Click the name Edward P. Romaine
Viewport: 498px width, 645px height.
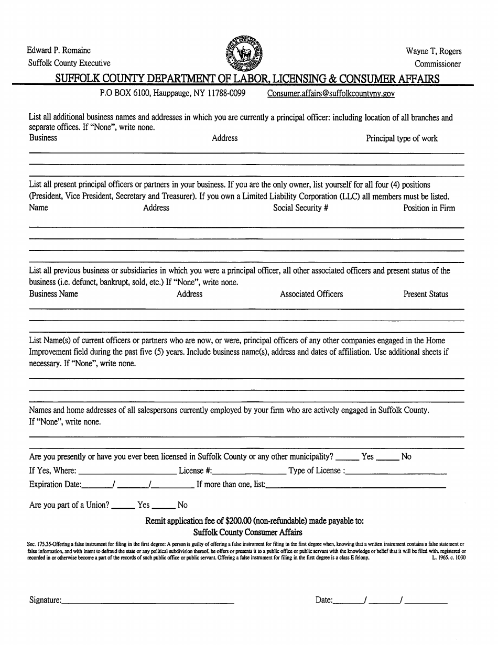click(x=59, y=50)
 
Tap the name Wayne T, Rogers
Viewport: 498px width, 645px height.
click(x=434, y=51)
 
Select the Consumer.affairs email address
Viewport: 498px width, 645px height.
click(x=331, y=93)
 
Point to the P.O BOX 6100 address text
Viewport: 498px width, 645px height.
click(x=172, y=93)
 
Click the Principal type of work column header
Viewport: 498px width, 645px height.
click(x=402, y=138)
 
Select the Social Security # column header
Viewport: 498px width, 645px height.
click(x=300, y=208)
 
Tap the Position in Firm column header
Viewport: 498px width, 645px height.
click(x=429, y=208)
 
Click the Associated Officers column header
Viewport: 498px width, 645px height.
click(x=311, y=294)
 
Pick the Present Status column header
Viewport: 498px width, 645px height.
click(x=426, y=294)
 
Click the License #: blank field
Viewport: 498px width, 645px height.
click(x=249, y=471)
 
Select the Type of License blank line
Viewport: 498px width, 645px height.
click(x=396, y=471)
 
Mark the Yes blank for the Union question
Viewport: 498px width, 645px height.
click(x=123, y=506)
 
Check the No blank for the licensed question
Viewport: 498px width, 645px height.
click(x=388, y=457)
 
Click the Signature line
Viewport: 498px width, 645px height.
click(x=148, y=601)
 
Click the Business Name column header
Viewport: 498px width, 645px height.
click(x=53, y=294)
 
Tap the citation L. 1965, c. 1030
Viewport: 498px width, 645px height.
click(x=449, y=558)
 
